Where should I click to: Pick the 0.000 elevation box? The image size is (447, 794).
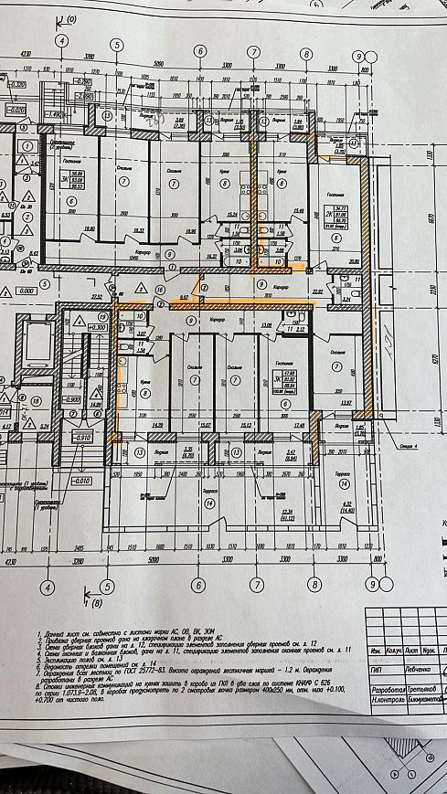point(29,290)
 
